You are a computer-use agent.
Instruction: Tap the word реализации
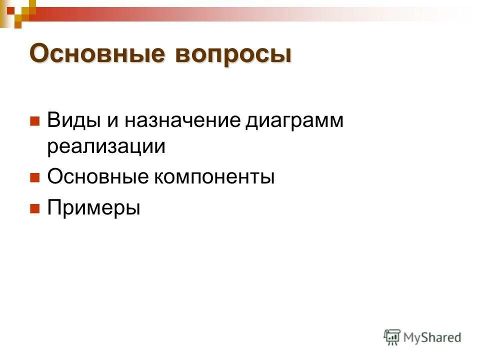pos(106,147)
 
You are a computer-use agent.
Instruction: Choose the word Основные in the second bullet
pos(99,177)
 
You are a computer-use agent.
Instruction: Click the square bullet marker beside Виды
pos(34,121)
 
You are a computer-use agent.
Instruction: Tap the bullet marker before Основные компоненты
pos(34,177)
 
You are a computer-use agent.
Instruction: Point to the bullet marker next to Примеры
pos(34,207)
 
